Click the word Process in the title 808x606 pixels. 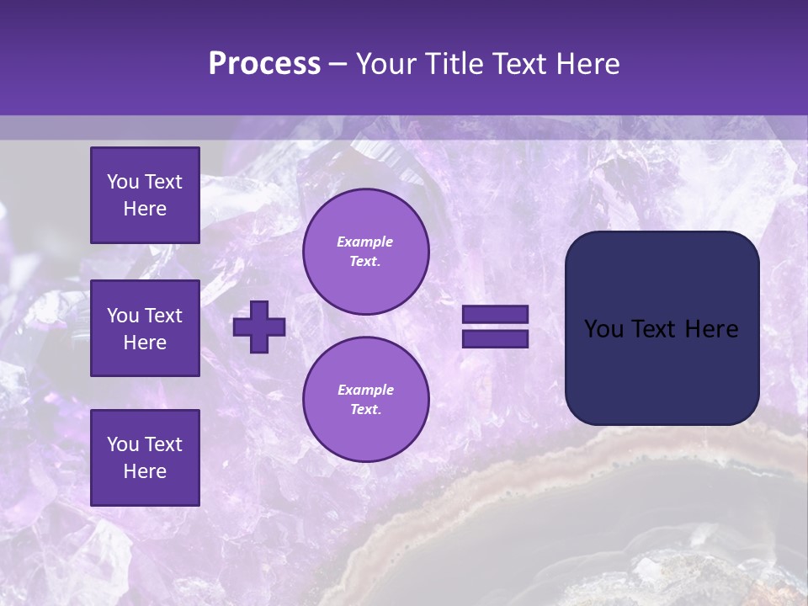pyautogui.click(x=264, y=64)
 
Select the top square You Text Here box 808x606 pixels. pyautogui.click(x=145, y=195)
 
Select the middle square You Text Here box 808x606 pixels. pyautogui.click(x=145, y=328)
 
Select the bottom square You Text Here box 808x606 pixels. pyautogui.click(x=145, y=457)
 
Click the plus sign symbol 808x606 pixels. pyautogui.click(x=259, y=327)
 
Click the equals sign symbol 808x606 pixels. pyautogui.click(x=495, y=327)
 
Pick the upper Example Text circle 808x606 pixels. pyautogui.click(x=365, y=252)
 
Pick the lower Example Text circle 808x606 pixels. pyautogui.click(x=365, y=399)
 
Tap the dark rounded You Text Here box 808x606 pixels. pyautogui.click(x=662, y=328)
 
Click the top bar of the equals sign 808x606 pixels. pyautogui.click(x=495, y=314)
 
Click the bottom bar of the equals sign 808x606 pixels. pyautogui.click(x=495, y=338)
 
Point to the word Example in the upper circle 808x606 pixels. pyautogui.click(x=365, y=242)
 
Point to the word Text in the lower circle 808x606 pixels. pyautogui.click(x=364, y=410)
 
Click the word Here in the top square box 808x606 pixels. pyautogui.click(x=145, y=209)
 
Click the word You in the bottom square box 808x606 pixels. pyautogui.click(x=123, y=444)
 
